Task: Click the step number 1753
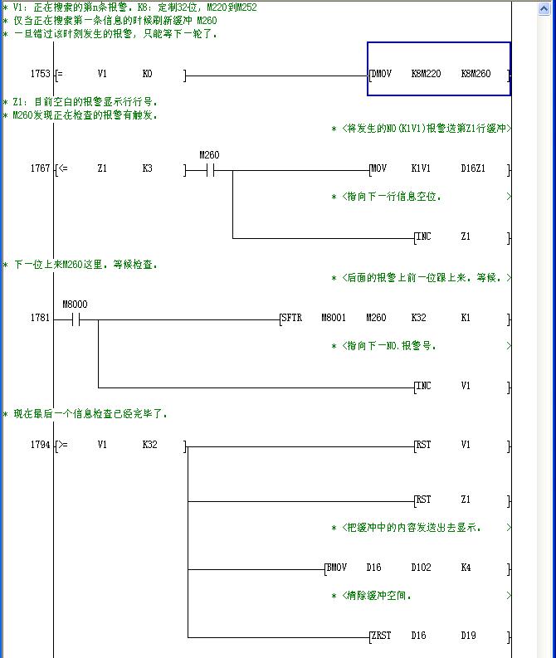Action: pos(40,74)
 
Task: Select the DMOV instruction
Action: pos(382,74)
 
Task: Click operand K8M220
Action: pos(426,74)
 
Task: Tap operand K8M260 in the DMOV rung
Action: pos(476,74)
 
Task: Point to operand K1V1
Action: pos(421,168)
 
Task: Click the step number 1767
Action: pos(40,168)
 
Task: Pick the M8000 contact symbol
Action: pos(75,319)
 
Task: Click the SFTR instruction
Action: pos(292,318)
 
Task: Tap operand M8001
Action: pos(334,318)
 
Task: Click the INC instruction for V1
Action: pos(424,386)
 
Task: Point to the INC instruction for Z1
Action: pos(424,236)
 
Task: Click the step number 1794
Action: pos(40,445)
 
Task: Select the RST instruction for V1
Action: pos(424,445)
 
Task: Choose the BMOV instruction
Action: pos(337,568)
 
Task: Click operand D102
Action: pos(423,568)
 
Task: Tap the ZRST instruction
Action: pos(382,636)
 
